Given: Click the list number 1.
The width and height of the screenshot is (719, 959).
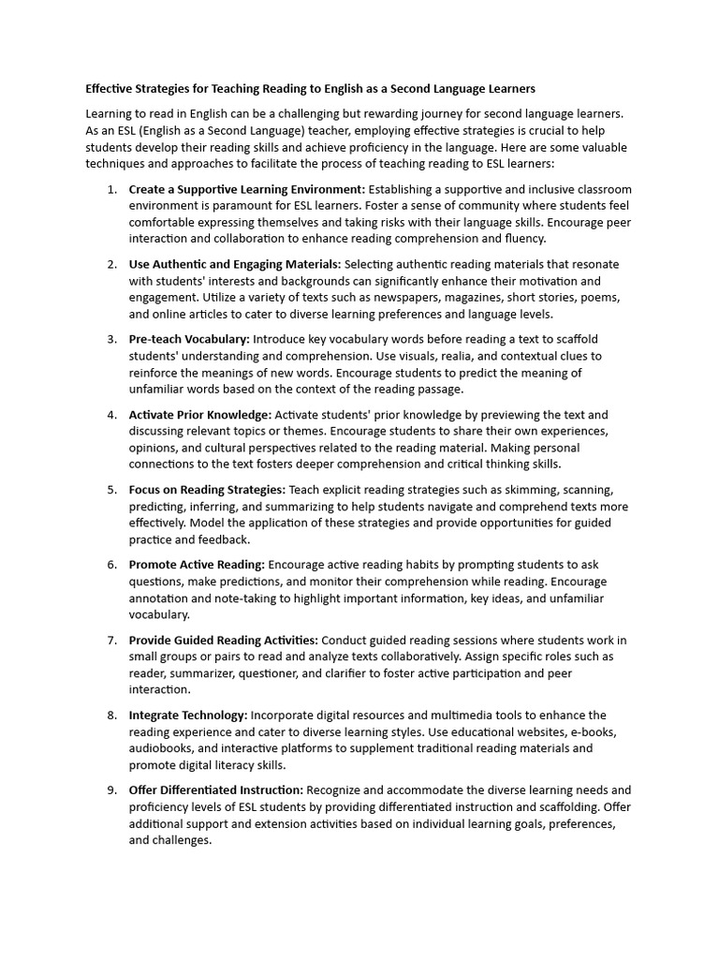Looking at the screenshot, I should pyautogui.click(x=111, y=189).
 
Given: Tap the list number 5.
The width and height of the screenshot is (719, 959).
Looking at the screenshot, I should pyautogui.click(x=111, y=490).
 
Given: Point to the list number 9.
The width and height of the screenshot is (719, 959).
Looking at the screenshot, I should pyautogui.click(x=111, y=790).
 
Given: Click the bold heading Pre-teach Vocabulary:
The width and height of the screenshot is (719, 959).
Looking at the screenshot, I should pyautogui.click(x=189, y=339).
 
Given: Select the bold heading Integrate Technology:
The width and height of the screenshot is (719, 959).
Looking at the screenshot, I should pyautogui.click(x=188, y=716).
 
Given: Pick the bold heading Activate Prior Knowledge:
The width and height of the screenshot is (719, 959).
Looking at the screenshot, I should pyautogui.click(x=200, y=415).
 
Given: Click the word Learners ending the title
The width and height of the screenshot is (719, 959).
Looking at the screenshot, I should pyautogui.click(x=508, y=89).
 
